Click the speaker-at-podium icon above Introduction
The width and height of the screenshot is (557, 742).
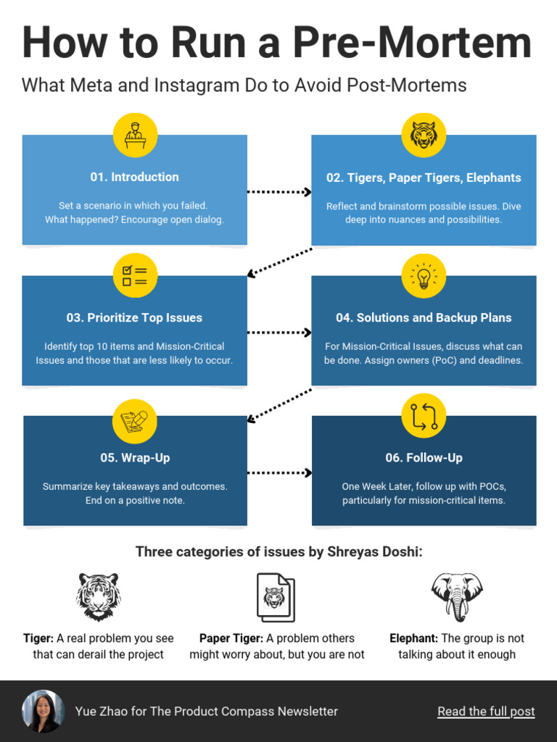pos(135,136)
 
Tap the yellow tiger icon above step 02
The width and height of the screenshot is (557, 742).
pos(424,136)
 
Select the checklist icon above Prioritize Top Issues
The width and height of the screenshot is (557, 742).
pos(135,276)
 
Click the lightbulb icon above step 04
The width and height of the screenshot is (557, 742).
pos(424,276)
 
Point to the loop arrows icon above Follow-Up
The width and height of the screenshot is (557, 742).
pos(424,417)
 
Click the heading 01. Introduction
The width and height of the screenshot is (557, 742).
pos(134,177)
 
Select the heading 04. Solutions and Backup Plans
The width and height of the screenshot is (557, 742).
pos(424,317)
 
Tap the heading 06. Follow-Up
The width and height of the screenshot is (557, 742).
pos(424,458)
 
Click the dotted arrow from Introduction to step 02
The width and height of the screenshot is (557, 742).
pos(279,192)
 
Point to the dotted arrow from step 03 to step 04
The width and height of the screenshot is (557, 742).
pos(279,333)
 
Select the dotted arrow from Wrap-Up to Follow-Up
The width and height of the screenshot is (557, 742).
pos(279,472)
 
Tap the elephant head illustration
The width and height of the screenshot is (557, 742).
pos(457,597)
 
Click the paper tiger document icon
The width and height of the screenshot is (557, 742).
pos(276,598)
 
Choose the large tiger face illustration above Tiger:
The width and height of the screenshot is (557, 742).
pos(99,597)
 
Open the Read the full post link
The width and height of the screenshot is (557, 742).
pos(486,712)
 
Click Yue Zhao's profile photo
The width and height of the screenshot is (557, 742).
pos(43,712)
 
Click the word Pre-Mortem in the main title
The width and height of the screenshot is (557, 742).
pos(412,43)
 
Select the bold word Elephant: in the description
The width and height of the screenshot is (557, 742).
pos(413,638)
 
